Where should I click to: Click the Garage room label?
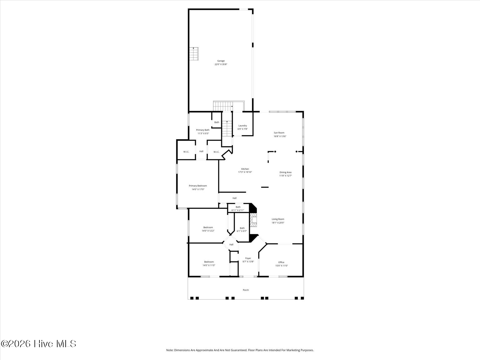coord(221,61)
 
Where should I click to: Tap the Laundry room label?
coord(242,126)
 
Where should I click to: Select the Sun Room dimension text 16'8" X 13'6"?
coord(280,136)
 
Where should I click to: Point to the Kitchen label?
coord(245,169)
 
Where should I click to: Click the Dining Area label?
coord(285,172)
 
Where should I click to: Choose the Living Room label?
coord(278,219)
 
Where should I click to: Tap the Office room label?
coord(281,262)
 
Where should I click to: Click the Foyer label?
coord(248,258)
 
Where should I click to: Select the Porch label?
coord(246,290)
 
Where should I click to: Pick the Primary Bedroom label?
coord(198,186)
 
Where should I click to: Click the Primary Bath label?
coord(203,130)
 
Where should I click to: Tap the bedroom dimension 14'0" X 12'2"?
coord(208,231)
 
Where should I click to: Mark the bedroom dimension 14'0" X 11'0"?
coord(209,265)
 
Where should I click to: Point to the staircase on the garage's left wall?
coord(194,54)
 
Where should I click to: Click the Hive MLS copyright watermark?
coord(38,344)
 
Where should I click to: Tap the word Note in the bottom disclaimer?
coord(169,350)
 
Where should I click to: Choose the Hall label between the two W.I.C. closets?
coord(201,151)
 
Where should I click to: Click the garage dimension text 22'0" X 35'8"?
coord(221,64)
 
